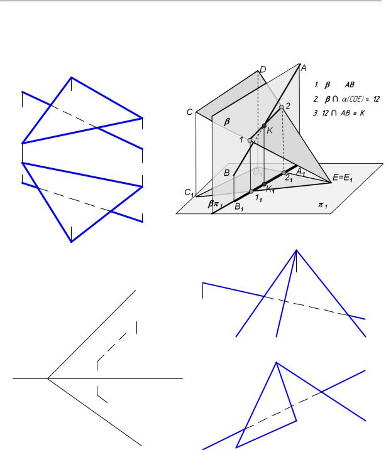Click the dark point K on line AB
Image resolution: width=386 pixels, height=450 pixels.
265,126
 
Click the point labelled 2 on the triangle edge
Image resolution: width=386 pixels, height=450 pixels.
282,107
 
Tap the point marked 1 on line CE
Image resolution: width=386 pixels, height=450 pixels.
250,141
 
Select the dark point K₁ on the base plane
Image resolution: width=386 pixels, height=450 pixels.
265,184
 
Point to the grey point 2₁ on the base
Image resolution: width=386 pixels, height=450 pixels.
284,173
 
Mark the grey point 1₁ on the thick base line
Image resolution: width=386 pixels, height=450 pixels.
251,191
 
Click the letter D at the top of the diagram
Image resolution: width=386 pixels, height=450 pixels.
263,70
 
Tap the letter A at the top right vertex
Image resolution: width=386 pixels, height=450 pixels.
303,68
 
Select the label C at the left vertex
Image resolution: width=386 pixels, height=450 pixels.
189,112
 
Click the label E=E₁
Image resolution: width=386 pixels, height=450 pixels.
343,178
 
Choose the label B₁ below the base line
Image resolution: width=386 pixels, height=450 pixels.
239,206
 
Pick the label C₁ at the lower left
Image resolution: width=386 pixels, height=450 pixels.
189,192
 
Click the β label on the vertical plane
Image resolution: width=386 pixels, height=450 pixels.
227,122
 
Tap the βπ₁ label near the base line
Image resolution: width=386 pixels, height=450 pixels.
215,204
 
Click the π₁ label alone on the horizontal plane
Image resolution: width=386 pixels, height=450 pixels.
323,205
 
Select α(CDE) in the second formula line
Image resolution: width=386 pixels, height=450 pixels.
353,99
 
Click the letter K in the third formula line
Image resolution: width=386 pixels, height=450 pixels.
362,113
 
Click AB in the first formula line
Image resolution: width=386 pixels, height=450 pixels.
350,85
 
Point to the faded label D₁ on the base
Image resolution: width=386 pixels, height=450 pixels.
258,172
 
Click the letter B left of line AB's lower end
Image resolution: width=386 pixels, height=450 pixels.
227,173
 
